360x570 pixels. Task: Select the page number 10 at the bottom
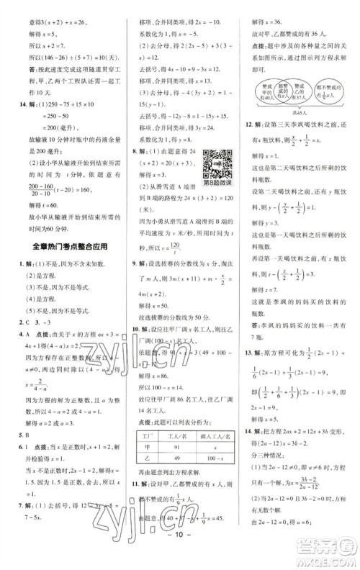tap(179, 558)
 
